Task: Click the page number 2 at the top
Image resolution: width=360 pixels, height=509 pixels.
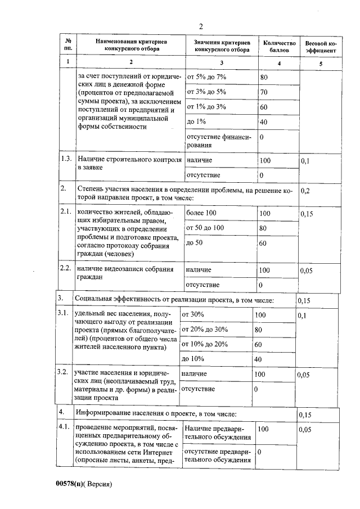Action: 200,26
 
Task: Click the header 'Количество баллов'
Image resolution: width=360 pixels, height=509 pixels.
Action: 278,46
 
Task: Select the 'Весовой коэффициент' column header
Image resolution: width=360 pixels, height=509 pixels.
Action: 321,46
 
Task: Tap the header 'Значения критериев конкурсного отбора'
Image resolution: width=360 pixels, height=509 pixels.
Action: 221,46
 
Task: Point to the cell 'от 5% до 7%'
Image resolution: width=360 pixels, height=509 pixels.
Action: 206,76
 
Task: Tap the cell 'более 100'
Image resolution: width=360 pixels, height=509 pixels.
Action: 201,213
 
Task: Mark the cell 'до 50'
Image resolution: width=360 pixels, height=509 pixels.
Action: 195,242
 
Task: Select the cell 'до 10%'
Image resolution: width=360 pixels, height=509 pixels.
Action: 192,358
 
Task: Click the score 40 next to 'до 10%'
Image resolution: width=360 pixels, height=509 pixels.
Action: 258,358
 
